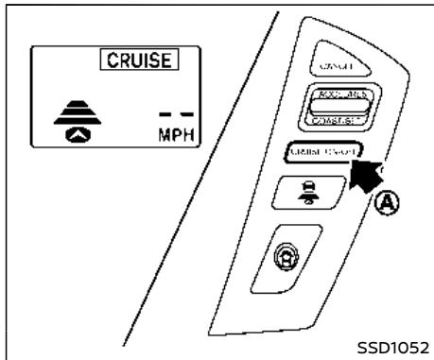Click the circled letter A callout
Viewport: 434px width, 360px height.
click(390, 201)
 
